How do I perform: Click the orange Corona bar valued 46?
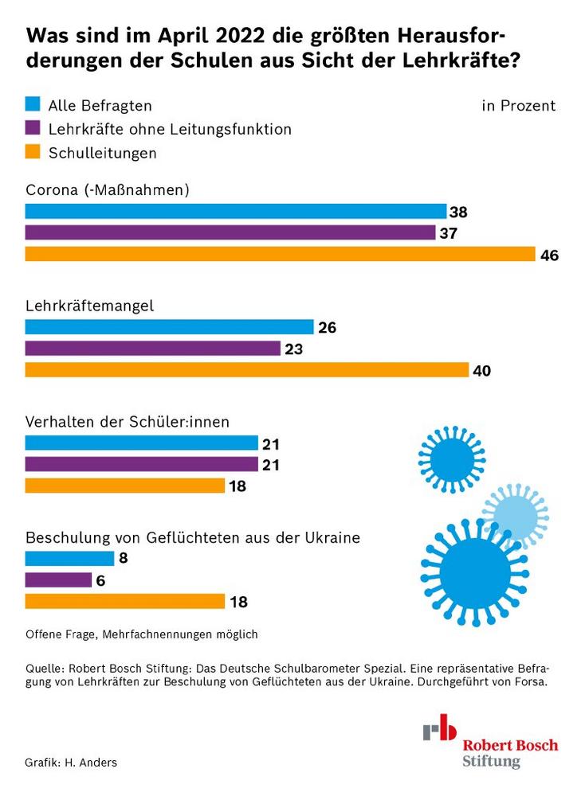pyautogui.click(x=280, y=255)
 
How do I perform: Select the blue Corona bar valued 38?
pyautogui.click(x=236, y=211)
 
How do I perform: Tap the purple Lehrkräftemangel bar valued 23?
pyautogui.click(x=153, y=349)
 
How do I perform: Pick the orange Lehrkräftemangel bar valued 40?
pyautogui.click(x=247, y=370)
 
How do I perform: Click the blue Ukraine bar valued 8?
pyautogui.click(x=70, y=558)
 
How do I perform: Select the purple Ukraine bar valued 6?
pyautogui.click(x=59, y=580)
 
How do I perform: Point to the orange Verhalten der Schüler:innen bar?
pyautogui.click(x=125, y=486)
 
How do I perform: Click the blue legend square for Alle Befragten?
pyautogui.click(x=33, y=103)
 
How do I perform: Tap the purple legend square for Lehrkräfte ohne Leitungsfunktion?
pyautogui.click(x=33, y=127)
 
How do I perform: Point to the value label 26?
pyautogui.click(x=328, y=327)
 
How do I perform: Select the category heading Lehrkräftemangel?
pyautogui.click(x=89, y=306)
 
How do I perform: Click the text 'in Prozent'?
pyautogui.click(x=518, y=106)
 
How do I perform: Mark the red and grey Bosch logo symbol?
pyautogui.click(x=440, y=729)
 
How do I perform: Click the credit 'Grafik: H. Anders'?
pyautogui.click(x=71, y=763)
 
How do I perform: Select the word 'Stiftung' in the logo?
pyautogui.click(x=491, y=761)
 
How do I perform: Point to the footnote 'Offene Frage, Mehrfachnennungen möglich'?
pyautogui.click(x=142, y=634)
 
